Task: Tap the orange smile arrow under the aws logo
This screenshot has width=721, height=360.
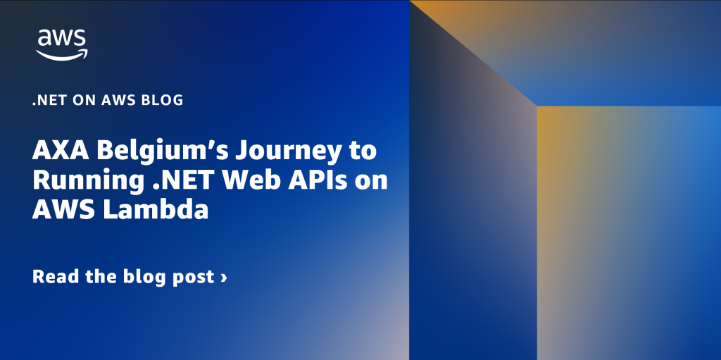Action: (62, 55)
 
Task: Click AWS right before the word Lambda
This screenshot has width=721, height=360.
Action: (63, 210)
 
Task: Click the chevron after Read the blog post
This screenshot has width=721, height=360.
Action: (223, 277)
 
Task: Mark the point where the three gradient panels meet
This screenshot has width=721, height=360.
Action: (537, 106)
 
